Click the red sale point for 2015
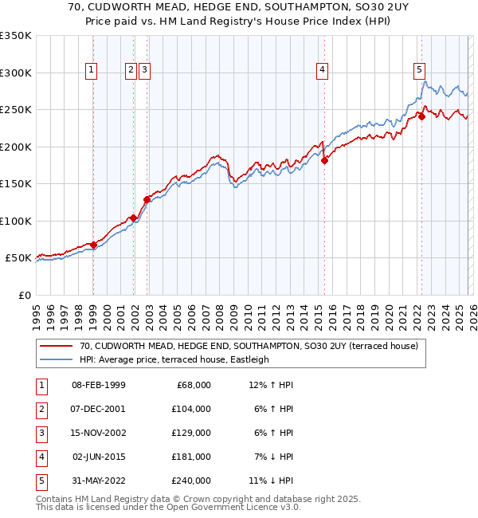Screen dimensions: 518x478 (324, 160)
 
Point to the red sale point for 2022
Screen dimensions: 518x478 (422, 117)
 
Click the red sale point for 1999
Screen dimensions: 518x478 (93, 245)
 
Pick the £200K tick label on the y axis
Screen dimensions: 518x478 (16, 147)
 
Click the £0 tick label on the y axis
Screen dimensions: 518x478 (24, 295)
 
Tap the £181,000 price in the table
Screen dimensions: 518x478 (191, 458)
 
